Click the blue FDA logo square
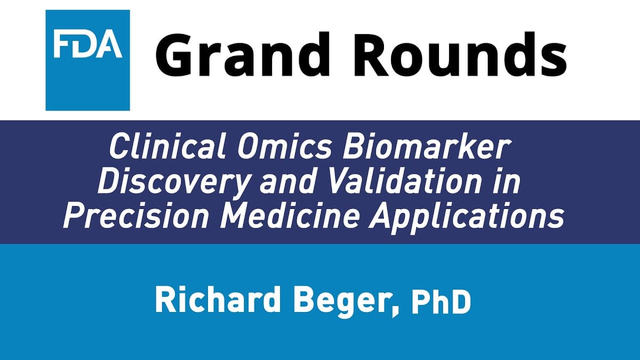[x=87, y=60]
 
